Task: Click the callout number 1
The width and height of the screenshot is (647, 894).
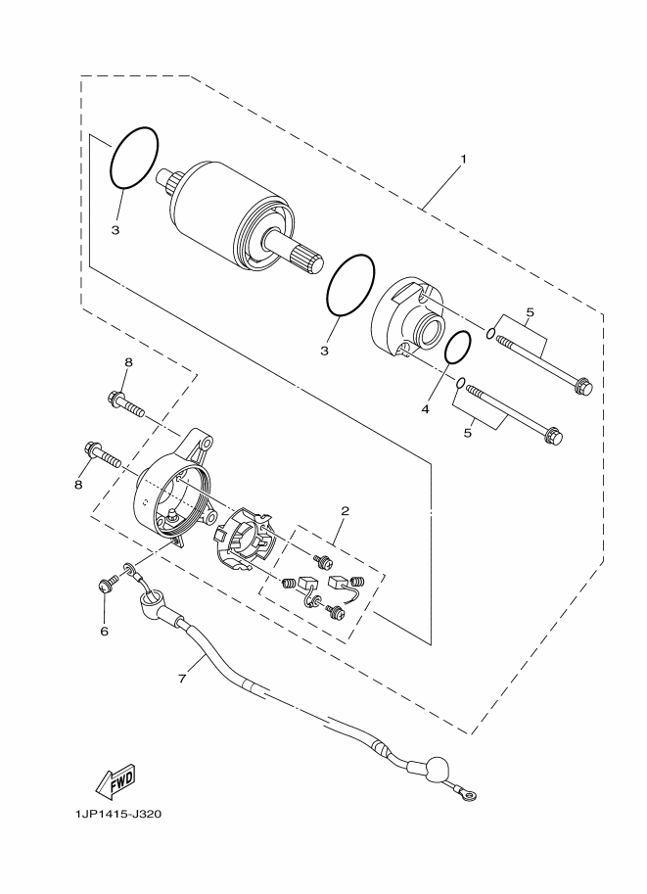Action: (463, 159)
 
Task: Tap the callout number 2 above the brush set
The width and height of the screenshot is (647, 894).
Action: (345, 511)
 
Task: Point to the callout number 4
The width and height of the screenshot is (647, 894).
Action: (426, 409)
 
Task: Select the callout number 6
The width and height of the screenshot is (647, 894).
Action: (104, 631)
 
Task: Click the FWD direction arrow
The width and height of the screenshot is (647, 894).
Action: (114, 780)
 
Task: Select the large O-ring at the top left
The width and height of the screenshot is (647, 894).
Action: (134, 158)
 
